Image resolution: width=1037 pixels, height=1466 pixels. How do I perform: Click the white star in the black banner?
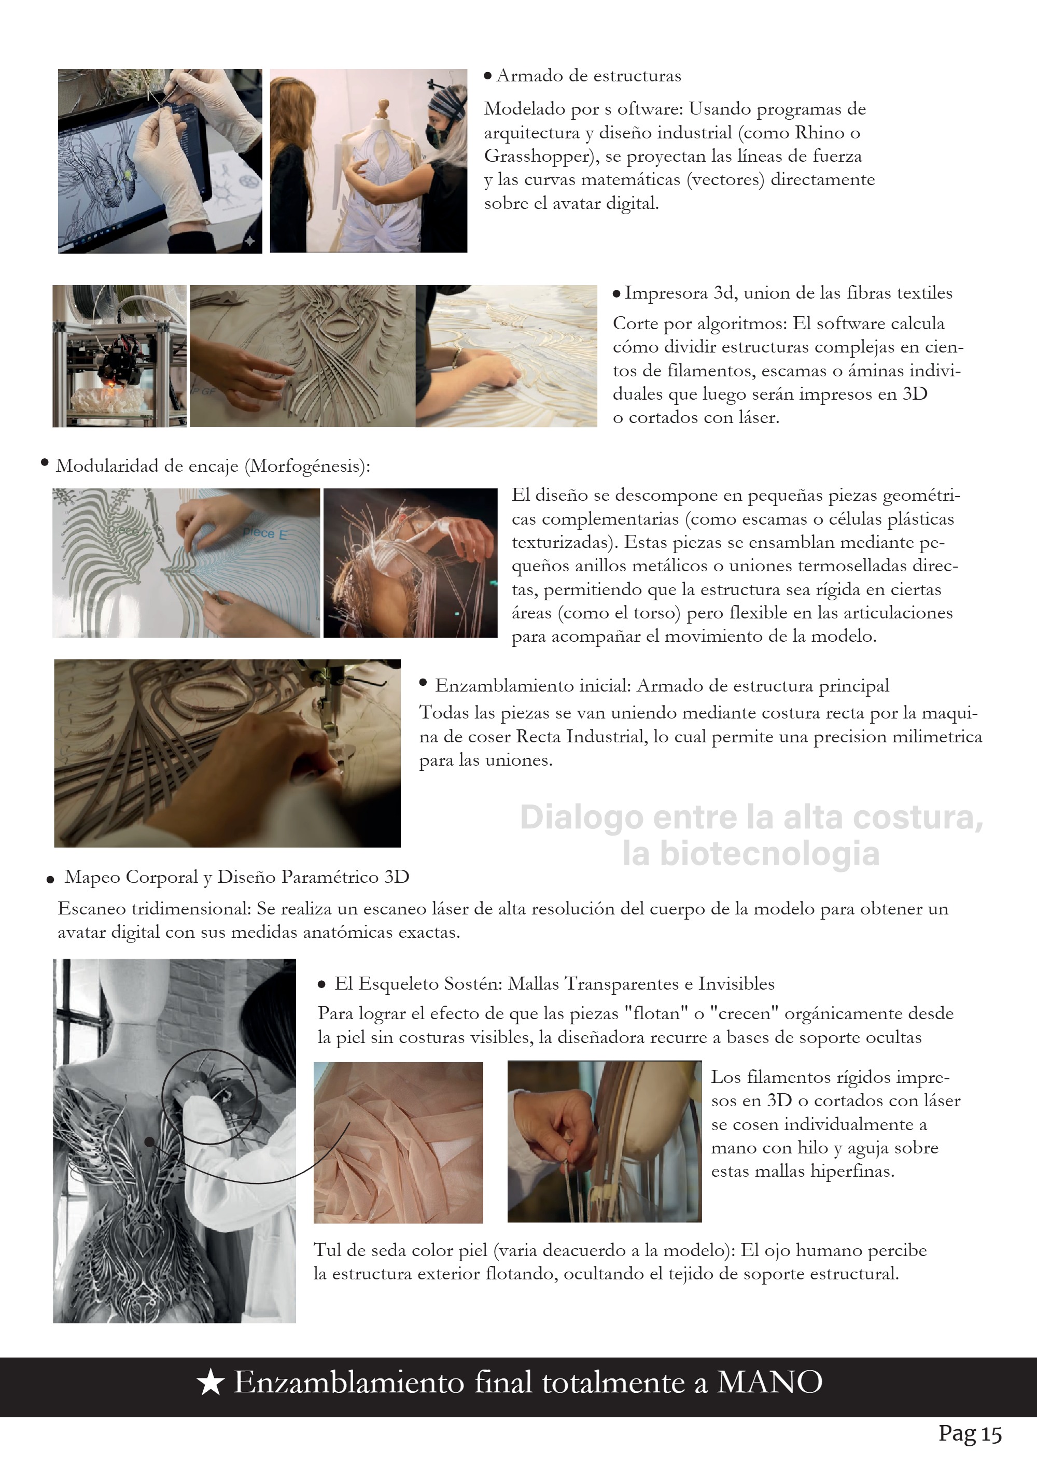click(211, 1383)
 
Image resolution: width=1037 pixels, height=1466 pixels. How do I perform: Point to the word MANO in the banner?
click(769, 1383)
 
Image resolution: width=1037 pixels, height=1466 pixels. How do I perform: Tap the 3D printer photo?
click(119, 356)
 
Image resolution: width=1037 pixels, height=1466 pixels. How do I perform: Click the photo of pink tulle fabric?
click(398, 1143)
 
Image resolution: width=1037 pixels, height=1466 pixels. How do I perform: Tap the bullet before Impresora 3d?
click(616, 294)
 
